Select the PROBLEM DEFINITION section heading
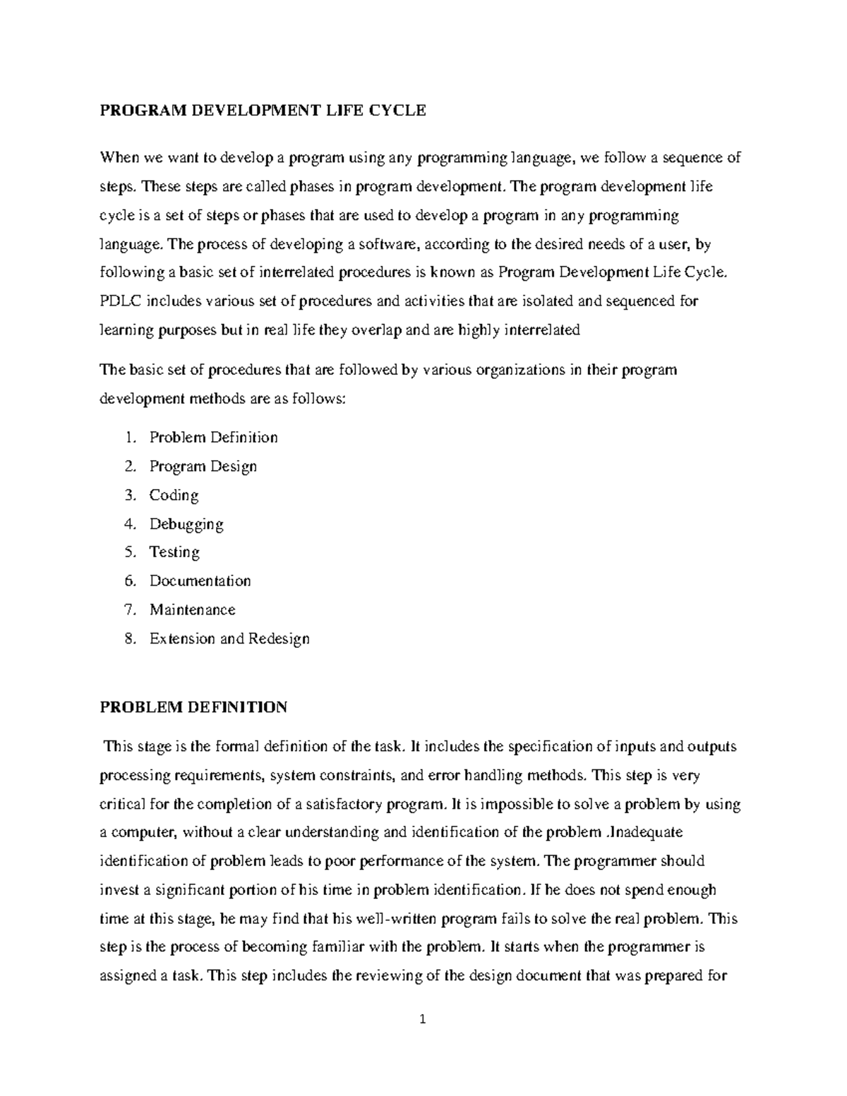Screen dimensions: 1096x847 click(x=193, y=707)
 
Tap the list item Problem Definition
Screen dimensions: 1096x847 click(x=213, y=438)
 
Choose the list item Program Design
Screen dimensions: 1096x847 click(x=203, y=466)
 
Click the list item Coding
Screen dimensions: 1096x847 click(x=174, y=495)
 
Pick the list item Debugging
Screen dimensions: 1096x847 click(x=186, y=524)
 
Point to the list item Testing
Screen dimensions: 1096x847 click(x=174, y=552)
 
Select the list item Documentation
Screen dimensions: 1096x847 click(x=200, y=581)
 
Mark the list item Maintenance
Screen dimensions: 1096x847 click(x=192, y=610)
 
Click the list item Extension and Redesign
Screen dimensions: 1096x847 click(x=229, y=639)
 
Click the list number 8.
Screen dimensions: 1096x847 click(x=129, y=639)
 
